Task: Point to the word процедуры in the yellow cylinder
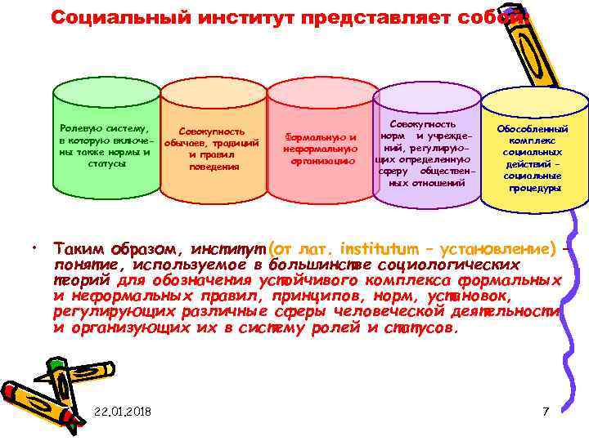tap(533, 188)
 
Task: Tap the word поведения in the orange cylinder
tap(213, 167)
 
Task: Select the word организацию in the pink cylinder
tap(320, 161)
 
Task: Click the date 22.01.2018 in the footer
tap(123, 410)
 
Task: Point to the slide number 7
tap(546, 410)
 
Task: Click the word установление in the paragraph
tap(499, 247)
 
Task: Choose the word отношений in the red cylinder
tap(438, 183)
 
